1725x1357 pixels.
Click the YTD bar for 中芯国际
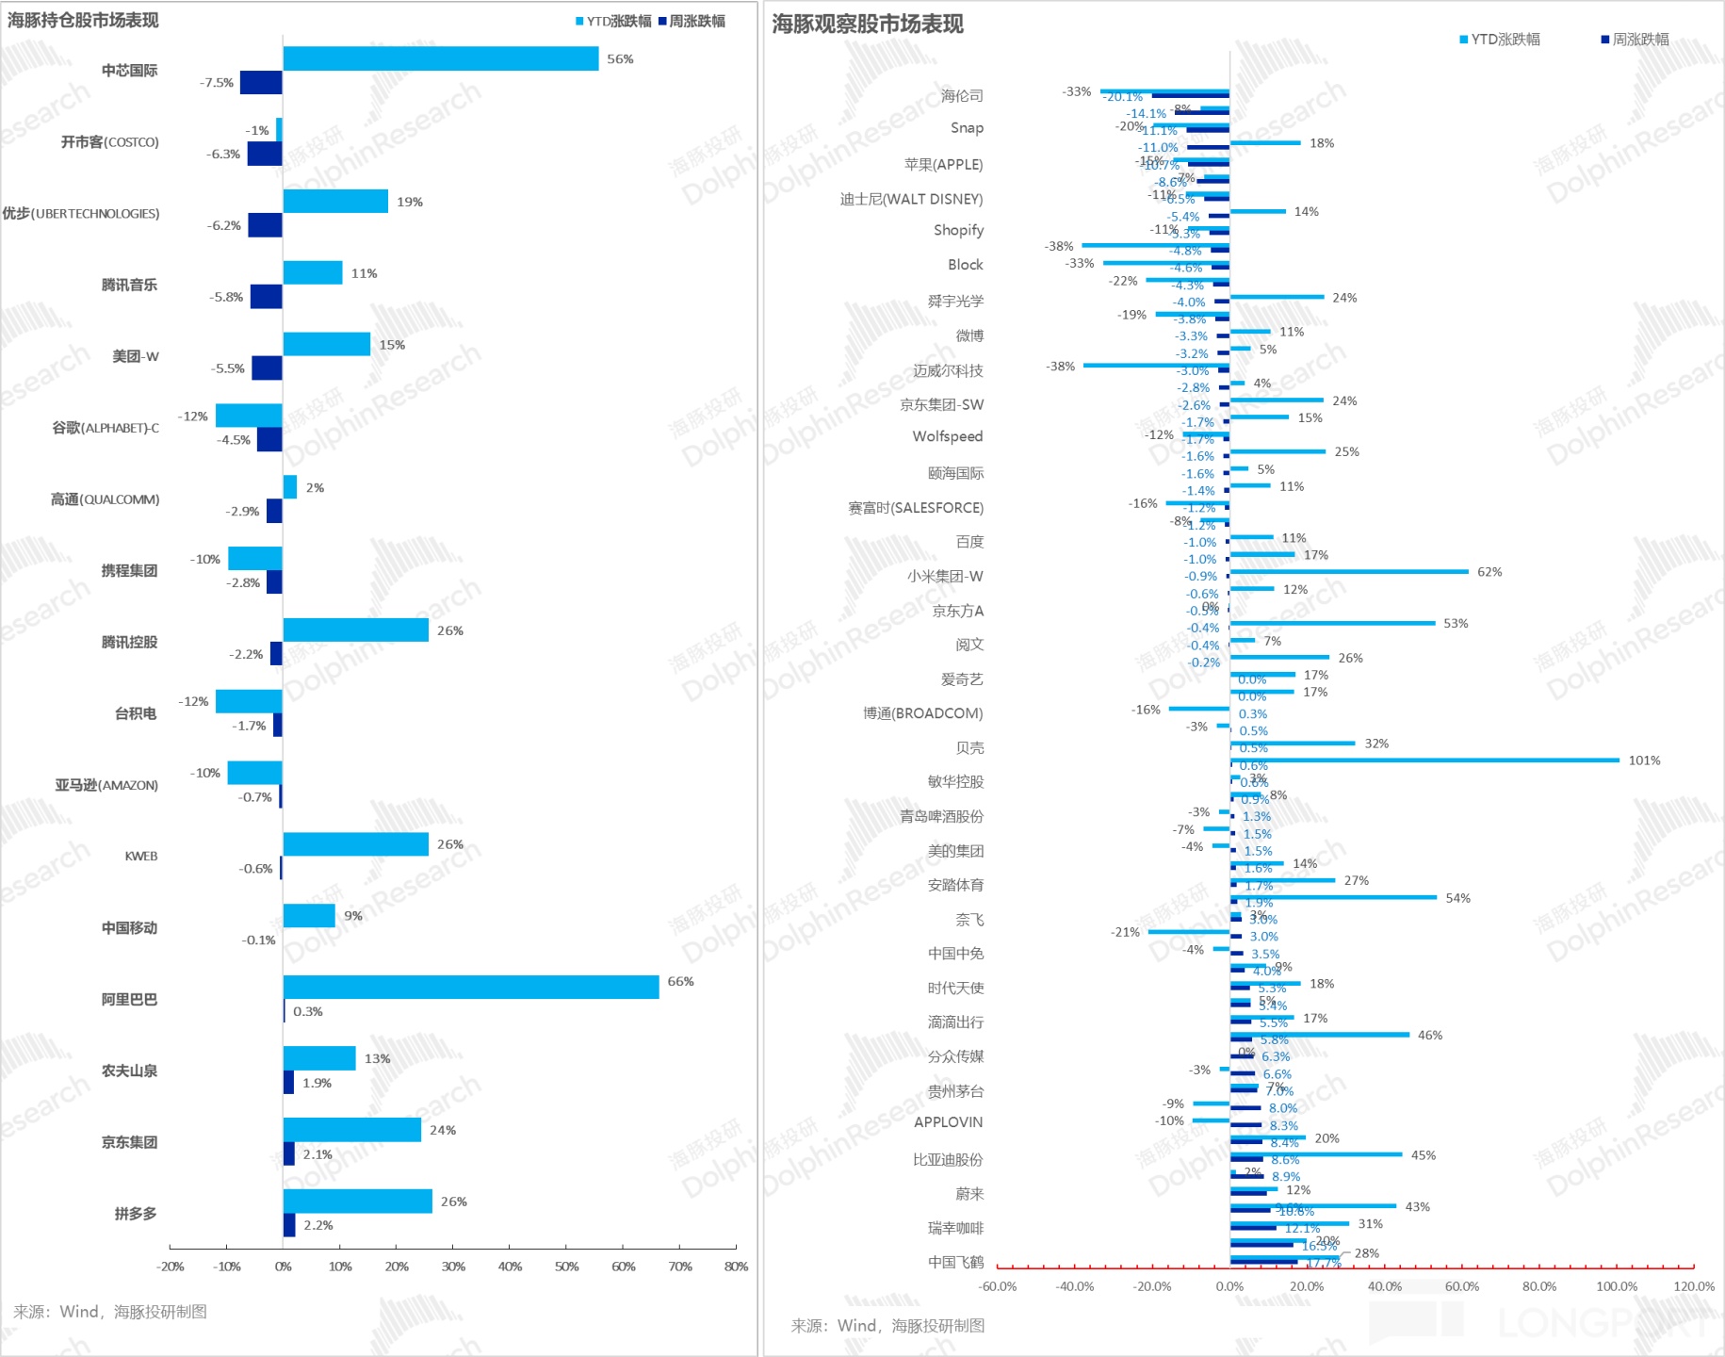440,58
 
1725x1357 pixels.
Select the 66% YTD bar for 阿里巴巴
470,987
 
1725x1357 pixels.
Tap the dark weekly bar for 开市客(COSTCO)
265,154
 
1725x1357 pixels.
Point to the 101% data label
1644,760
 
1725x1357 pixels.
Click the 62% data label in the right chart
1489,572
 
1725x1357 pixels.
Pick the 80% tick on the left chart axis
736,1267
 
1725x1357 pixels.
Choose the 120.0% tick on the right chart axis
1694,1286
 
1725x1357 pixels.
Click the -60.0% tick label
998,1286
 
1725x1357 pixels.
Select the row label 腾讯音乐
129,285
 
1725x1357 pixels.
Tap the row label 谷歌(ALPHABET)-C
106,428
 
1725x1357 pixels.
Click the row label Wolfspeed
947,436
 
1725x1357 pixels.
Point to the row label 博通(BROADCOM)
922,713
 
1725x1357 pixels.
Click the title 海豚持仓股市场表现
83,20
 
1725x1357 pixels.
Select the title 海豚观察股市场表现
868,25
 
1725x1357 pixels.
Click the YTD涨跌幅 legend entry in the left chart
613,21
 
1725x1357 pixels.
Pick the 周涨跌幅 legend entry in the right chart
1635,40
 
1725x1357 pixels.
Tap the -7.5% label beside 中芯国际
216,83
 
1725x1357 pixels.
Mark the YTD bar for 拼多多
357,1202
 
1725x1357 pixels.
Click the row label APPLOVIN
948,1122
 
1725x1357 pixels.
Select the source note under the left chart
110,1312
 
